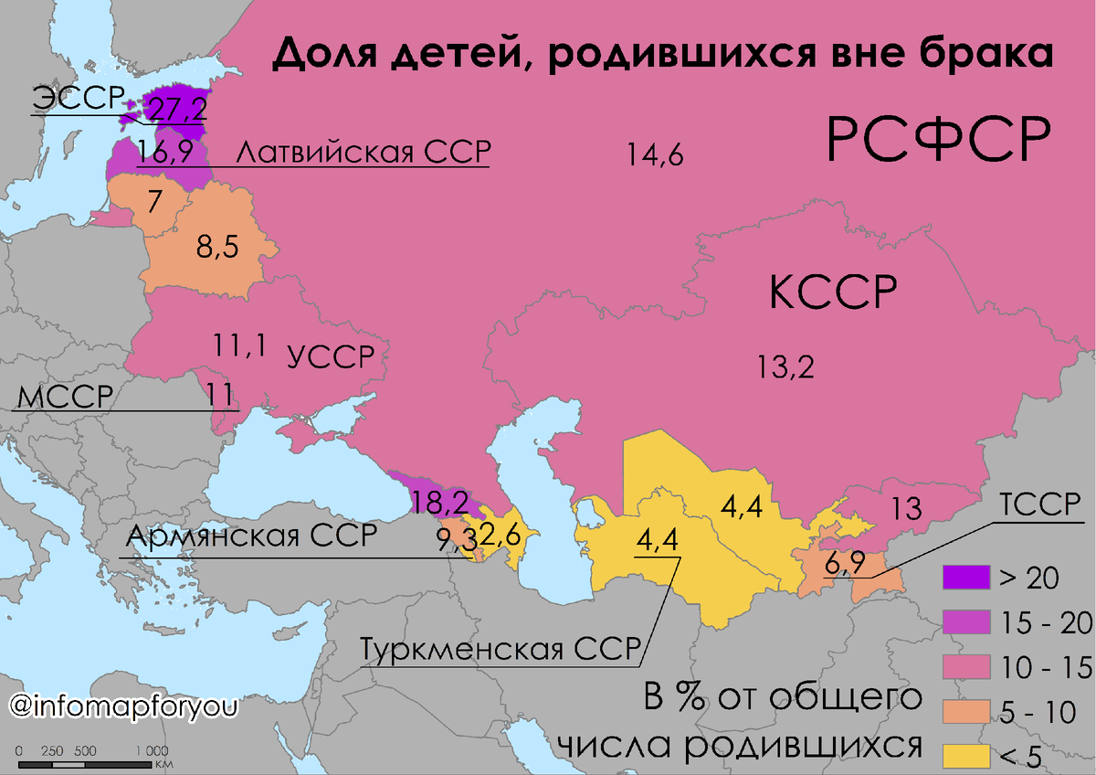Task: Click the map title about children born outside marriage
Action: point(663,56)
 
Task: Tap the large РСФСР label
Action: point(937,139)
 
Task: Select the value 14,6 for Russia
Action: point(656,156)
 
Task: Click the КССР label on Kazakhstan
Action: point(831,293)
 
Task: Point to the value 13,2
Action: point(785,366)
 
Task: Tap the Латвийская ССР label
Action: point(363,153)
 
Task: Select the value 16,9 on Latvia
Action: point(164,153)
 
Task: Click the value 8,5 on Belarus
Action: point(218,247)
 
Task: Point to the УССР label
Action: point(331,356)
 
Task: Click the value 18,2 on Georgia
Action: point(440,502)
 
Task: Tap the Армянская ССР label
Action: point(251,536)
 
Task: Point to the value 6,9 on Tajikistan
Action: point(845,564)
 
